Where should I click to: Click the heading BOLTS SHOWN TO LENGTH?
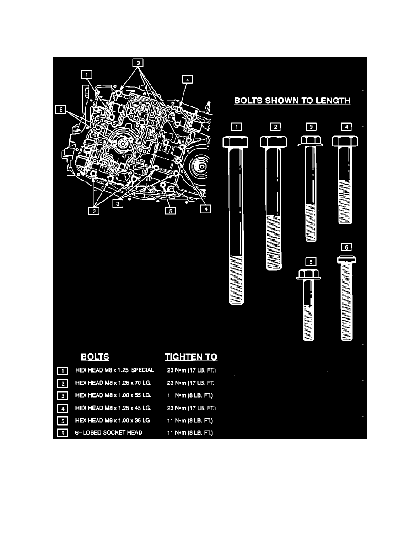click(292, 101)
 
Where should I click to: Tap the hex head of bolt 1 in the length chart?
click(235, 142)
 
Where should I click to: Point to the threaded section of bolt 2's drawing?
click(274, 243)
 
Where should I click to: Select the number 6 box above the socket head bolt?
click(346, 247)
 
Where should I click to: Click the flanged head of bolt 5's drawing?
click(309, 274)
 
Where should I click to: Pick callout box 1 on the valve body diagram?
click(86, 74)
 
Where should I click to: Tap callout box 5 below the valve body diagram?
click(170, 211)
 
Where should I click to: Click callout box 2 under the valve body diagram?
click(94, 211)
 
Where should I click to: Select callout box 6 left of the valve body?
click(61, 109)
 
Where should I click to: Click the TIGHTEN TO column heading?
click(191, 357)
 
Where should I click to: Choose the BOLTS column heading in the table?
click(95, 357)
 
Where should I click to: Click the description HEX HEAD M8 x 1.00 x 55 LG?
click(113, 395)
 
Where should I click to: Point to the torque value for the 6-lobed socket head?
click(190, 432)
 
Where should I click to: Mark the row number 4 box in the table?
click(62, 408)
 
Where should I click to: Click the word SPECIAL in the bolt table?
click(142, 370)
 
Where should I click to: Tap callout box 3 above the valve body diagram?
click(138, 63)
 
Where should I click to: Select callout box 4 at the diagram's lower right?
click(206, 209)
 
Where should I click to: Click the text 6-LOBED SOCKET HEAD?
click(109, 432)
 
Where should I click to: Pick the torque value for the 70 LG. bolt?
click(191, 383)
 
